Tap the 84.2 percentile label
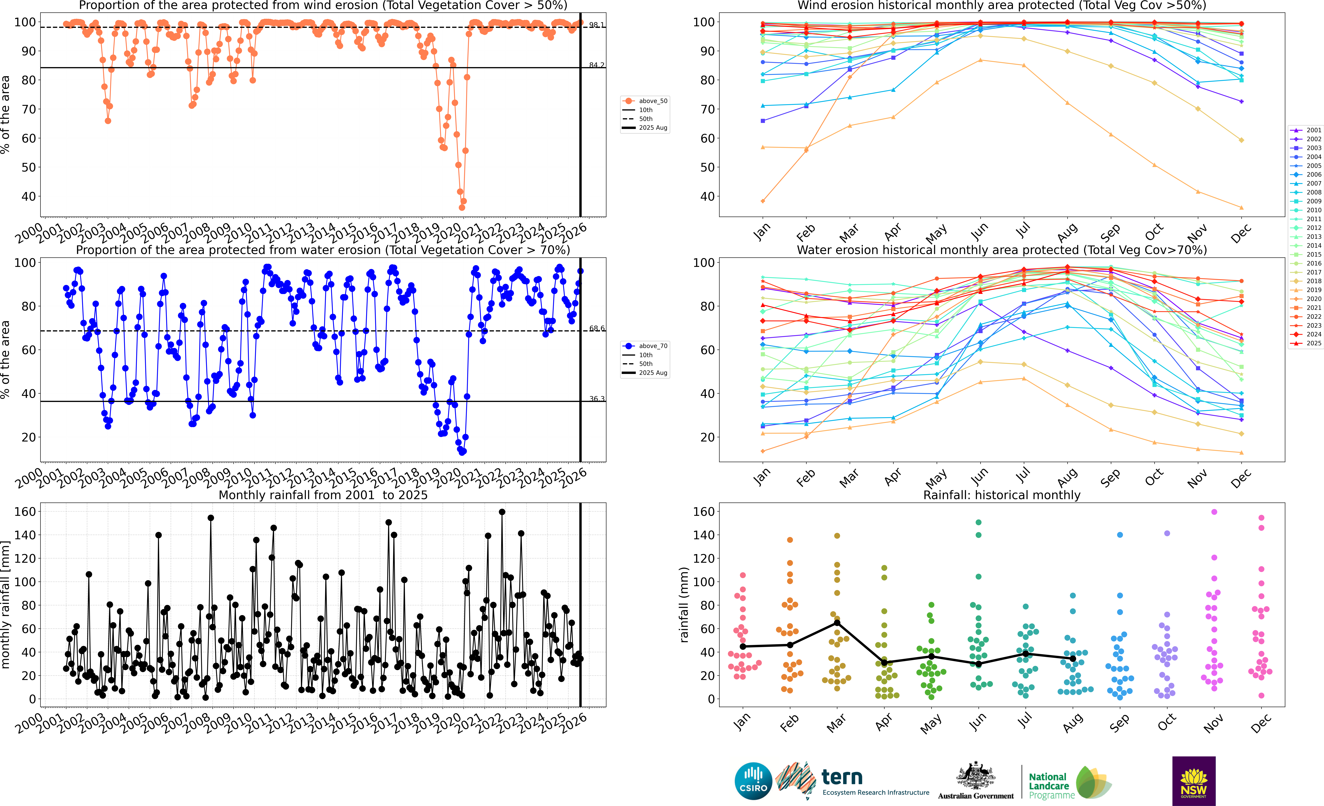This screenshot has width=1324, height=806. pyautogui.click(x=596, y=65)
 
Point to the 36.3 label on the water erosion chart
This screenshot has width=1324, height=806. pyautogui.click(x=596, y=399)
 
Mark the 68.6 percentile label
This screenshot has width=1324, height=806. pyautogui.click(x=596, y=328)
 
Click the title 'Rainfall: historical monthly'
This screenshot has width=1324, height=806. pyautogui.click(x=1002, y=495)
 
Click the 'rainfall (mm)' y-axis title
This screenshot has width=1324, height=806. pyautogui.click(x=684, y=605)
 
